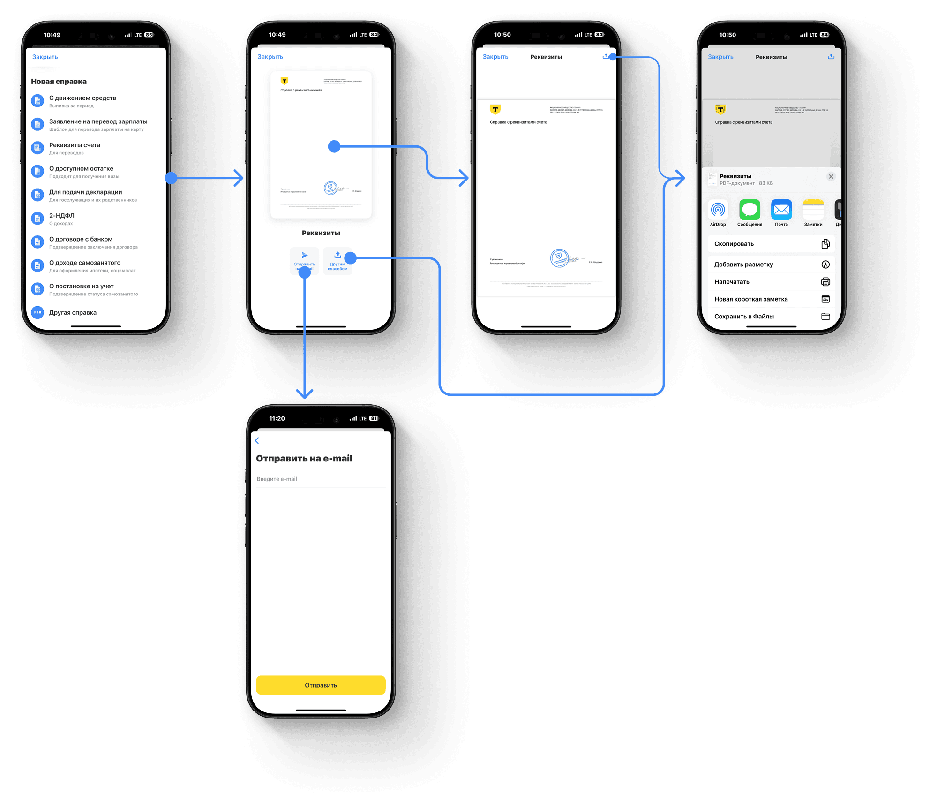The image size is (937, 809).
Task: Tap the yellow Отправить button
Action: pos(321,685)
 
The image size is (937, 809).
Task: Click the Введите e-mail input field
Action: pos(321,479)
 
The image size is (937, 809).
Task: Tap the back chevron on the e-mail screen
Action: pos(257,440)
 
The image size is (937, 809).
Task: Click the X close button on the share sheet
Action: pos(831,177)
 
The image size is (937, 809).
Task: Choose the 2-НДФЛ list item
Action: pos(62,216)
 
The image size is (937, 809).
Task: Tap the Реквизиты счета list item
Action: pos(75,145)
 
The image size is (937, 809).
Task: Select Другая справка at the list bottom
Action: pos(73,312)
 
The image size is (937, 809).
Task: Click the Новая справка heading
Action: pos(59,82)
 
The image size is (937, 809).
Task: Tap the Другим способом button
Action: pos(337,260)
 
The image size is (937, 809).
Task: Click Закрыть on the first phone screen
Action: pos(45,57)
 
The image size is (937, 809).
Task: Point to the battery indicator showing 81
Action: pos(374,418)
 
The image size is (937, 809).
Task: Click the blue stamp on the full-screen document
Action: pos(559,257)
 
